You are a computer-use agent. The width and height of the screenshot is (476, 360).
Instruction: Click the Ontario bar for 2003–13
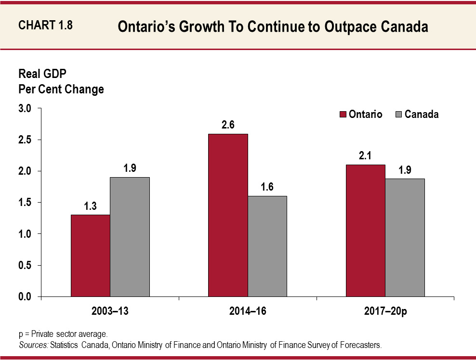tap(90, 256)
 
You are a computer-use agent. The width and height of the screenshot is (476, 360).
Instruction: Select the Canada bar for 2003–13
tap(130, 237)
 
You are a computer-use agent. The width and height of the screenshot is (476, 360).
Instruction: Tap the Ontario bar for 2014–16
tap(228, 215)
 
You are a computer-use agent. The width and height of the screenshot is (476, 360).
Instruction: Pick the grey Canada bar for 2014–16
tap(267, 246)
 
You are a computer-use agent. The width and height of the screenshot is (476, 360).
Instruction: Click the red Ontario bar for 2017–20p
tap(365, 231)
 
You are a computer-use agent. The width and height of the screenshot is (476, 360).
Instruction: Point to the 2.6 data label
tap(228, 125)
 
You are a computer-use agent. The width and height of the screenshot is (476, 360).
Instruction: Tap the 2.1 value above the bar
tap(365, 156)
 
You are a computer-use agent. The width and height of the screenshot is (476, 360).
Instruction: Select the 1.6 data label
tap(267, 187)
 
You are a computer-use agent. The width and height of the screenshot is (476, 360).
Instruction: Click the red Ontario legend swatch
tap(343, 115)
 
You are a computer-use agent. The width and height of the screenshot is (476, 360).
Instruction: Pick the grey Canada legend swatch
tap(398, 115)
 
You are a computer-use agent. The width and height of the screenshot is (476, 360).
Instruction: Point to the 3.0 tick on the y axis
tap(25, 109)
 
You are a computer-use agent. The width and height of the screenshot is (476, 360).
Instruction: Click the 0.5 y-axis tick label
tap(25, 266)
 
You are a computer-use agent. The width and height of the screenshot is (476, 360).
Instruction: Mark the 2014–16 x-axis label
tap(248, 311)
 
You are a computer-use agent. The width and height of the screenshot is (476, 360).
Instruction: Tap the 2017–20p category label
tap(385, 311)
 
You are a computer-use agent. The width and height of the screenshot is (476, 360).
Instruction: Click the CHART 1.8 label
tap(45, 26)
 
